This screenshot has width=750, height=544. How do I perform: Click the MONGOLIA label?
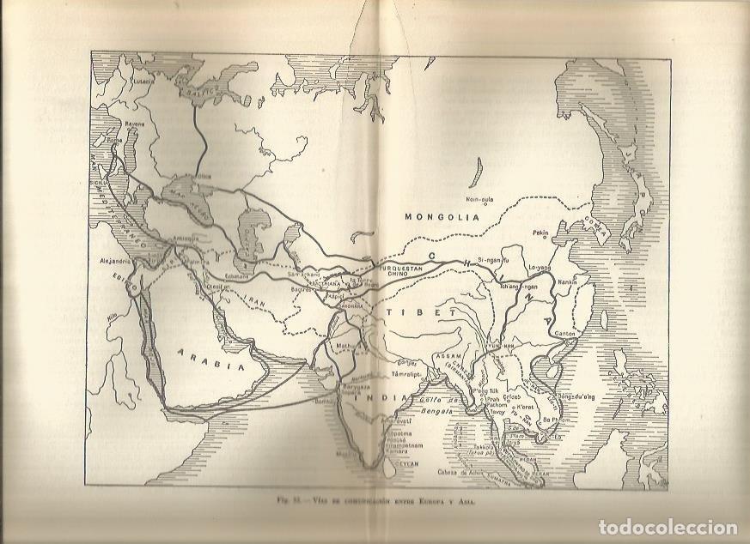click(441, 217)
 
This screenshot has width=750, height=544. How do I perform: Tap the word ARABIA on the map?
click(207, 353)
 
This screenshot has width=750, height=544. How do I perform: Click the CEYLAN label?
click(405, 463)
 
